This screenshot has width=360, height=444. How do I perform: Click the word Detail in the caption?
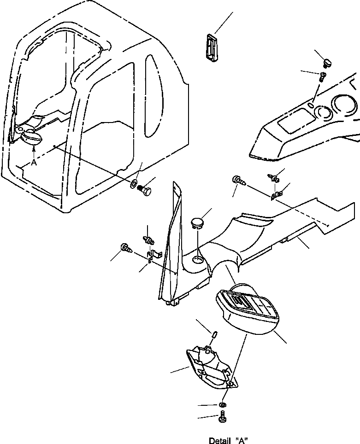point(219,440)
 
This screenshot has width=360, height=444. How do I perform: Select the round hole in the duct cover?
point(197,260)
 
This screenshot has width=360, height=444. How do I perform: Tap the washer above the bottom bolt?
point(222,405)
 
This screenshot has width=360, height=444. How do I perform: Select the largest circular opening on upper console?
point(345,105)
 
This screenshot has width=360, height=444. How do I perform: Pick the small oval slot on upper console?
point(311,105)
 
